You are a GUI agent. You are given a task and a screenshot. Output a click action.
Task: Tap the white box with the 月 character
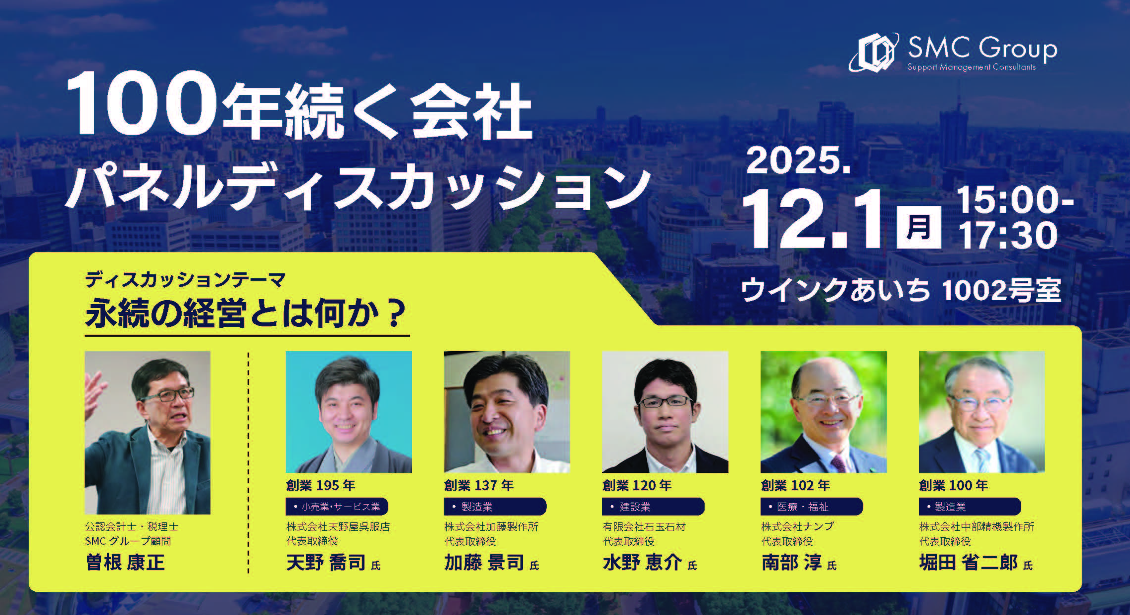pyautogui.click(x=919, y=226)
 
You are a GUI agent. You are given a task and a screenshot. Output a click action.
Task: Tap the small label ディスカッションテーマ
pyautogui.click(x=185, y=280)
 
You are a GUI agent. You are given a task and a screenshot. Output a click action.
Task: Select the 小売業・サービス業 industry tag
pyautogui.click(x=337, y=507)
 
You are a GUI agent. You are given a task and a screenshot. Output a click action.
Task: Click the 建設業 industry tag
pyautogui.click(x=653, y=507)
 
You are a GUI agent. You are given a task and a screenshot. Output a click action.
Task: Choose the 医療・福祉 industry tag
pyautogui.click(x=812, y=507)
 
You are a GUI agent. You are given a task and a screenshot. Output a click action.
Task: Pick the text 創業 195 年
pyautogui.click(x=320, y=486)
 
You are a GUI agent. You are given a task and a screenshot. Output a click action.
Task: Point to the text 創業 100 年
pyautogui.click(x=953, y=486)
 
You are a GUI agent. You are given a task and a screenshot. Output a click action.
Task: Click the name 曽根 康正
pyautogui.click(x=125, y=563)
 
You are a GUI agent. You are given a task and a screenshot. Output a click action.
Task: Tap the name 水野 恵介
pyautogui.click(x=642, y=563)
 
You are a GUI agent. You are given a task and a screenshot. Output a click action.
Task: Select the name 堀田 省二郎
pyautogui.click(x=968, y=563)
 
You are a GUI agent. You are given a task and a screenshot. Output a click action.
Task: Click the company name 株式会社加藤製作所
pyautogui.click(x=491, y=526)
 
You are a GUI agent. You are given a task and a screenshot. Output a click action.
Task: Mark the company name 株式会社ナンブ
pyautogui.click(x=797, y=526)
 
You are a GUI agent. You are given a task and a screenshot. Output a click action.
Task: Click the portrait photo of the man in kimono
pyautogui.click(x=349, y=412)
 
